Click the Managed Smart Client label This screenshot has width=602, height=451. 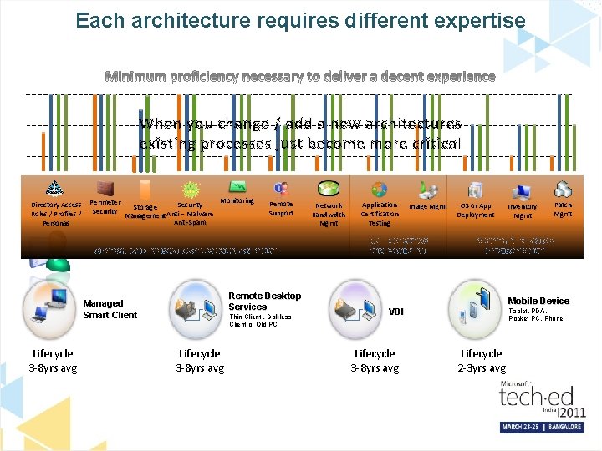pos(110,309)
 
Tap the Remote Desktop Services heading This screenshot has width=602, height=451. pos(264,301)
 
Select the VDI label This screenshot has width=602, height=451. pos(395,312)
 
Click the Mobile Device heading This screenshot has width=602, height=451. pos(538,301)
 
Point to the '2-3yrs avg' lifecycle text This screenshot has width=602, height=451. pos(482,367)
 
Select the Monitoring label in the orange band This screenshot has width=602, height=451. pos(237,201)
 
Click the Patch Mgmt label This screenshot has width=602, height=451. pos(564,210)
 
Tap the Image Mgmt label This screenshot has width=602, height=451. pos(428,206)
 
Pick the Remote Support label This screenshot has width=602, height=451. pos(281,209)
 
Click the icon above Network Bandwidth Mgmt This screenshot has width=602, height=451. pos(329,188)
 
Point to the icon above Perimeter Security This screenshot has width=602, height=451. pos(105,187)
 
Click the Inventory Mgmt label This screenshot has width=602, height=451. pos(523,210)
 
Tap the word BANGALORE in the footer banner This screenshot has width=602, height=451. pos(568,427)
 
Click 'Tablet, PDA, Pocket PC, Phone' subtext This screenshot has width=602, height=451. pos(535,314)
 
